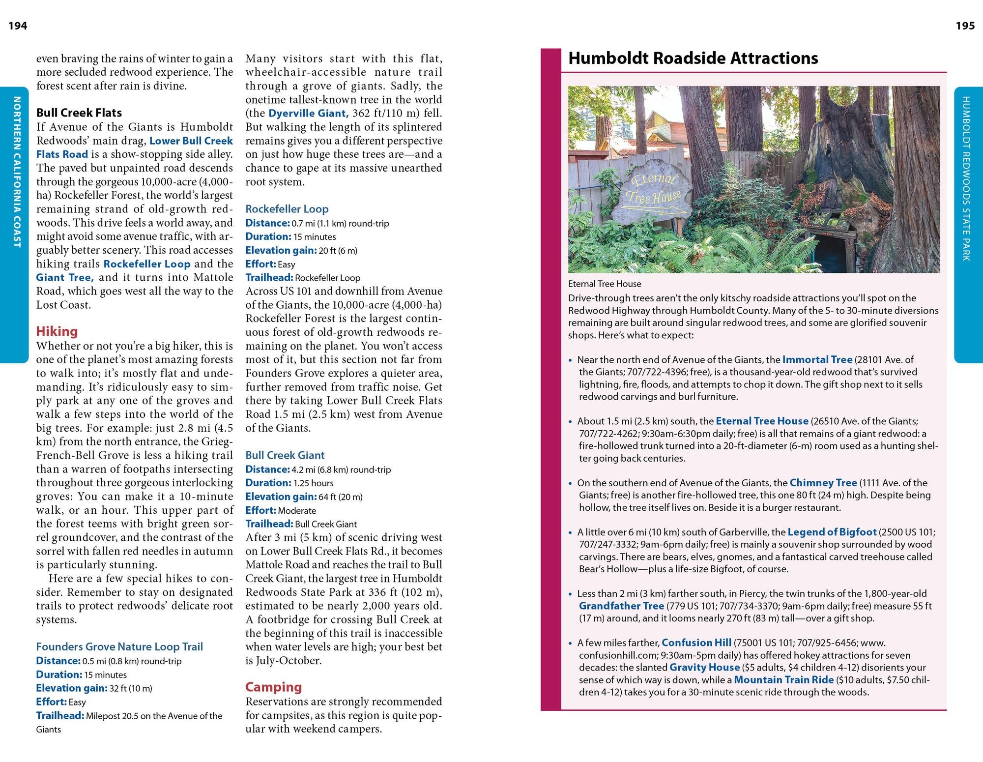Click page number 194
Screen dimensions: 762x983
(x=18, y=26)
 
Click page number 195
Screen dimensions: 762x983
(x=965, y=26)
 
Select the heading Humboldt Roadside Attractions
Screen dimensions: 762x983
(x=693, y=59)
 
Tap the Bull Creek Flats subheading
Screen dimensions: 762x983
(x=79, y=113)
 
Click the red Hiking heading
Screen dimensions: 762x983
(x=57, y=331)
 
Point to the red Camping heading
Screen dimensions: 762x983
(x=273, y=687)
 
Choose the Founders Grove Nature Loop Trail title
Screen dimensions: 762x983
(x=119, y=646)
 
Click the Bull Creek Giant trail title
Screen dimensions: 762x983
(x=285, y=455)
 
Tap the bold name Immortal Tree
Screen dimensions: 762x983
(x=817, y=359)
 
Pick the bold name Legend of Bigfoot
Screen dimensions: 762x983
(x=832, y=532)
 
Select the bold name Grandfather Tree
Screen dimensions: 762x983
(x=621, y=606)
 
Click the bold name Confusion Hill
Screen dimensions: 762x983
(x=696, y=643)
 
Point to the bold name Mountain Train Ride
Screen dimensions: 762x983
(x=783, y=679)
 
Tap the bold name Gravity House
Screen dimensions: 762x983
(x=704, y=667)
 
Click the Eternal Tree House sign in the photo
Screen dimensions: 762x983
(x=653, y=189)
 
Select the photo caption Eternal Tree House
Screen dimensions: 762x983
(x=605, y=284)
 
